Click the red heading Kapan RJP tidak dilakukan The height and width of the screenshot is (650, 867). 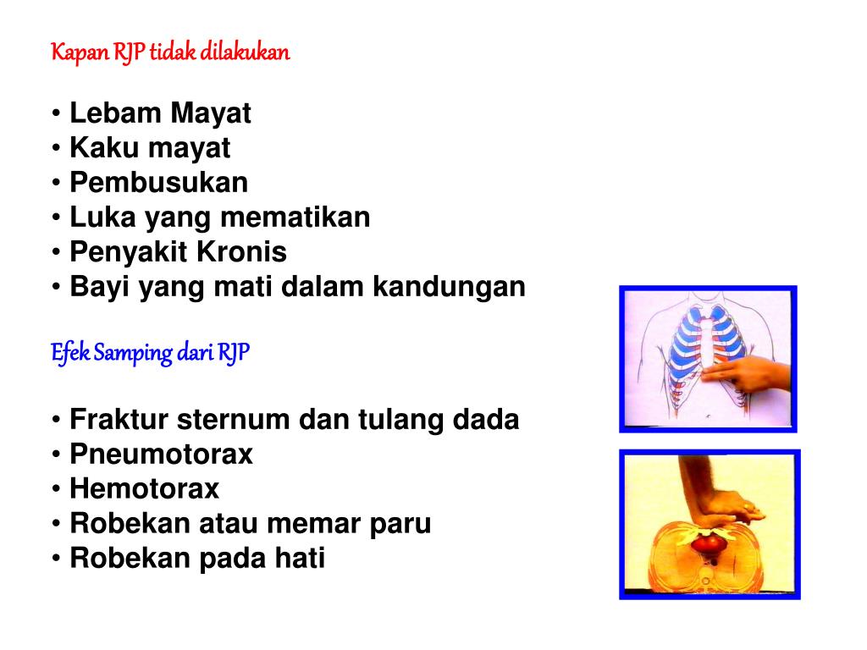(x=170, y=52)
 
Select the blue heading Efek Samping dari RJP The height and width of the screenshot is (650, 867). (x=150, y=352)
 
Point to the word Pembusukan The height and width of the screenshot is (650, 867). (x=159, y=182)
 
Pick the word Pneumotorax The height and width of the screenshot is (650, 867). (x=161, y=454)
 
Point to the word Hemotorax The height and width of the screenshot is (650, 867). (x=144, y=488)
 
